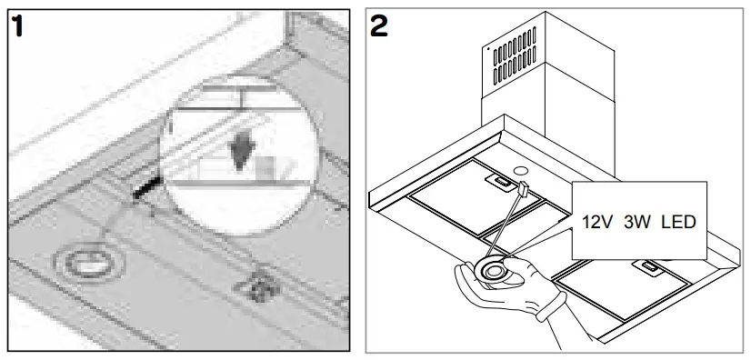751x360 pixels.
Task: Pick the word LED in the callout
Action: click(682, 222)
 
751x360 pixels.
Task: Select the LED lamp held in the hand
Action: click(494, 271)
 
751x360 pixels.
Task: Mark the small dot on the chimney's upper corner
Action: click(489, 43)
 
